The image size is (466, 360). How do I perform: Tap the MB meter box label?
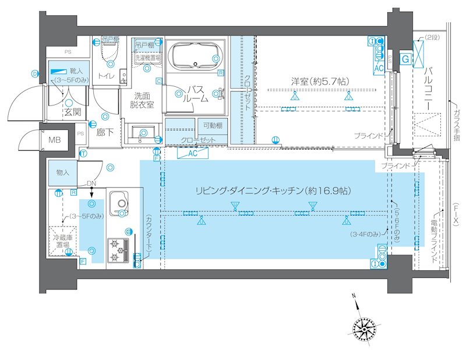tap(54, 140)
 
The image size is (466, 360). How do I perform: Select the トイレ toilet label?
tap(106, 76)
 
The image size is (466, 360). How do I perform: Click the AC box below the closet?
tap(194, 153)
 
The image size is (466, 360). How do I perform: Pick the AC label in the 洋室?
tap(378, 68)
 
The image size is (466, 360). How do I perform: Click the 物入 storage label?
tap(63, 172)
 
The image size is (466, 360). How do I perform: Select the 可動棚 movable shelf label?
tap(212, 126)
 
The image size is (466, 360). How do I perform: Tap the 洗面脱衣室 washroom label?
tap(142, 100)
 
